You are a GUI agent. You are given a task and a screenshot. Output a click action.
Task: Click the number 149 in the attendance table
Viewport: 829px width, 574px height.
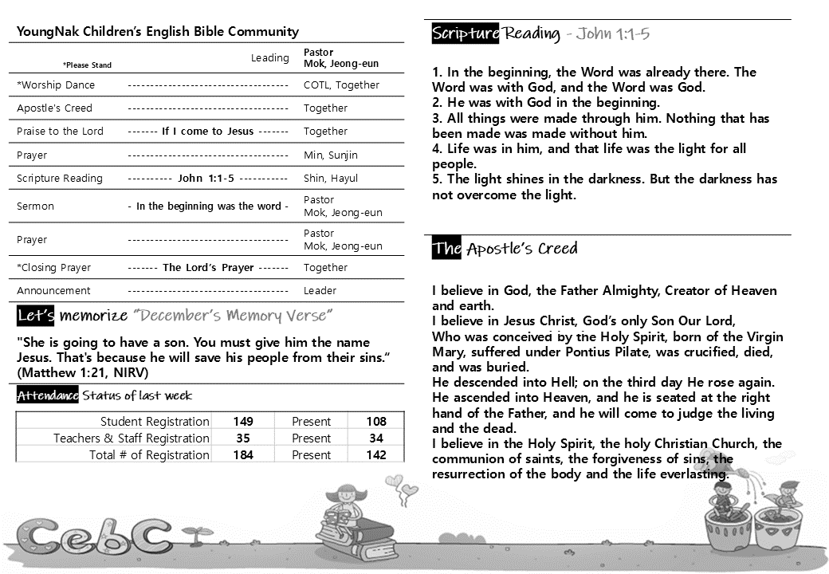click(x=243, y=422)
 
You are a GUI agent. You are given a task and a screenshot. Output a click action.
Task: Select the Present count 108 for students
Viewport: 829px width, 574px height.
click(x=376, y=422)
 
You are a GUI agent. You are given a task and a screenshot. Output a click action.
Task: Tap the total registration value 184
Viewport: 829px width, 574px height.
click(x=243, y=455)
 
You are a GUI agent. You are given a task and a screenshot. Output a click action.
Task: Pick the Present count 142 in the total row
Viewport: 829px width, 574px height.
click(x=376, y=455)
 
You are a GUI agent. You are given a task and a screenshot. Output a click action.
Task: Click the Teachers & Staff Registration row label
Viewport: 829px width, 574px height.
click(x=132, y=438)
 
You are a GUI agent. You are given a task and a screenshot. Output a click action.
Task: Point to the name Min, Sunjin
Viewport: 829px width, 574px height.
click(x=331, y=155)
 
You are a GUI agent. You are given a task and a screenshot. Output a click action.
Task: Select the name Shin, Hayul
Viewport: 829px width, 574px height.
click(x=331, y=179)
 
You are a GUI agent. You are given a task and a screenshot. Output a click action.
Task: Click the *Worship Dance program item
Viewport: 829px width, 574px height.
click(x=56, y=85)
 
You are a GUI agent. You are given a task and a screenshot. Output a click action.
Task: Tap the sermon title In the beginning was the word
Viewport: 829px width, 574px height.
click(x=209, y=206)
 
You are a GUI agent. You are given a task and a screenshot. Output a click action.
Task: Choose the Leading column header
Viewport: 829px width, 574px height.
click(x=270, y=58)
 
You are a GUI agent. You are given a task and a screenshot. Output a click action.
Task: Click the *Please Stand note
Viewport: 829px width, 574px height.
click(x=87, y=65)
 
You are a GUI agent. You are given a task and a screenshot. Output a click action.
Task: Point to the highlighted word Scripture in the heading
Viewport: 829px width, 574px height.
click(x=466, y=33)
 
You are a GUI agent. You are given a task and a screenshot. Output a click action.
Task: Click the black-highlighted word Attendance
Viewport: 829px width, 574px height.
click(x=48, y=396)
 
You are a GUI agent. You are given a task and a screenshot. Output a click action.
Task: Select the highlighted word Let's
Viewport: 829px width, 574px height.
click(x=36, y=316)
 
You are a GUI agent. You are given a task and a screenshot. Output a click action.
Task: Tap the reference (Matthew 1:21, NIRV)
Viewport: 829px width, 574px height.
click(x=82, y=372)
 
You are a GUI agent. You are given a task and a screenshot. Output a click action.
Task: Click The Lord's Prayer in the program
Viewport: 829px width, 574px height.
click(x=208, y=268)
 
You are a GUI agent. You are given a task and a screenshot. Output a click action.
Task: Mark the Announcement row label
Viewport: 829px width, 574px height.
click(x=53, y=291)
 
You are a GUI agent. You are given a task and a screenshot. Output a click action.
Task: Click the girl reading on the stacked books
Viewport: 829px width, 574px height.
click(x=344, y=510)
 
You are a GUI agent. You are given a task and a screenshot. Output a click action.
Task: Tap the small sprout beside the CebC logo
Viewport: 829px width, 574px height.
click(x=191, y=532)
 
